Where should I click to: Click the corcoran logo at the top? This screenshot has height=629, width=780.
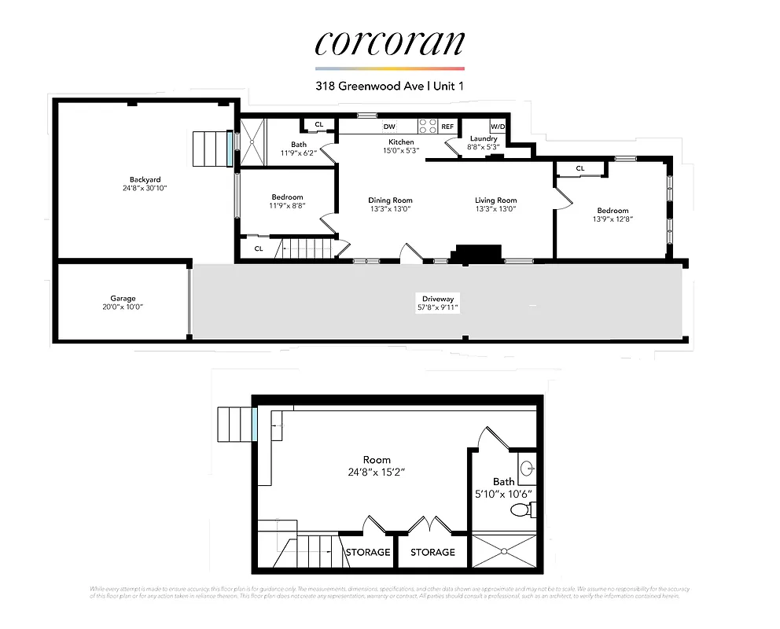click(389, 43)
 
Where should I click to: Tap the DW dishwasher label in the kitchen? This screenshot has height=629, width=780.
click(389, 127)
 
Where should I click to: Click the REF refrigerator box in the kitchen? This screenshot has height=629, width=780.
click(447, 127)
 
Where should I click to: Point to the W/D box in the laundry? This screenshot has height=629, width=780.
click(498, 127)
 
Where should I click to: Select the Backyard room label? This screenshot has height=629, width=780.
click(145, 179)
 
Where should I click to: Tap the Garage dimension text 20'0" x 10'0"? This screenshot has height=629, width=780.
click(123, 307)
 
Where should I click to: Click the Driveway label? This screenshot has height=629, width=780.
click(437, 299)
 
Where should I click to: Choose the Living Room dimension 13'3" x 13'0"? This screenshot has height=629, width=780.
click(495, 209)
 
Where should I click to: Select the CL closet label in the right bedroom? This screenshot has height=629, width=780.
click(580, 168)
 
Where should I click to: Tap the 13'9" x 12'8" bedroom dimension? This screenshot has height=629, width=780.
click(613, 219)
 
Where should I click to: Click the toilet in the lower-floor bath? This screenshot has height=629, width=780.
click(520, 510)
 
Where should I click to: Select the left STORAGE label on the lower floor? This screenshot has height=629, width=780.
click(368, 552)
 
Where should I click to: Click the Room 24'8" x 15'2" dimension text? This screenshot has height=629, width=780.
click(377, 472)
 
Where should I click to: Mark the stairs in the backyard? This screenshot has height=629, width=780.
click(209, 149)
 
